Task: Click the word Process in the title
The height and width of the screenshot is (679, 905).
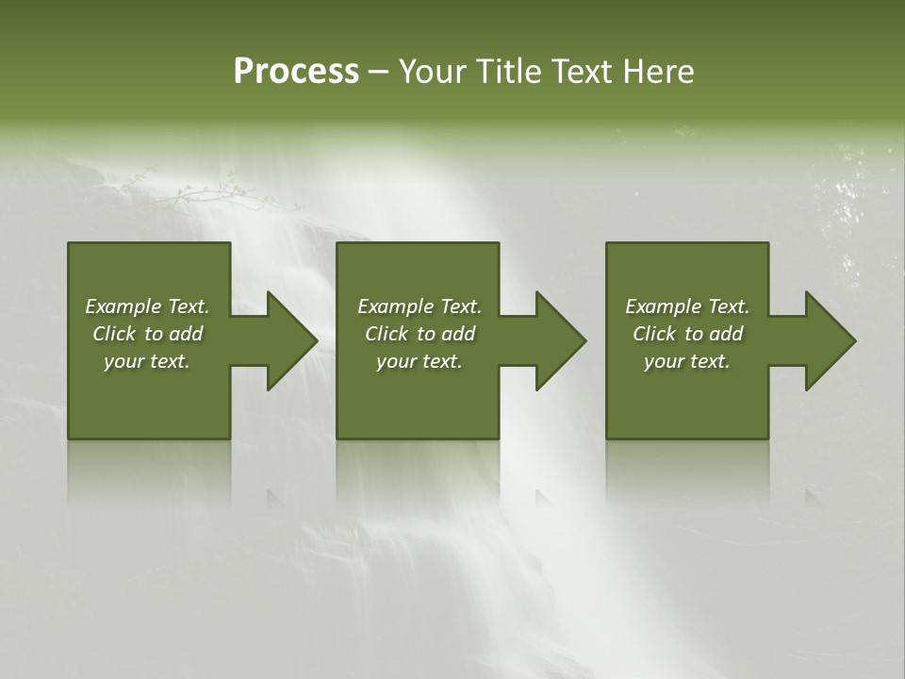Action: click(296, 72)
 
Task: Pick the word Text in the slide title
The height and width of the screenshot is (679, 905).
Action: click(580, 72)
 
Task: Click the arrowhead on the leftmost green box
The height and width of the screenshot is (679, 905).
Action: click(288, 340)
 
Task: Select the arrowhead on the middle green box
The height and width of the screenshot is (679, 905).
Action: click(556, 340)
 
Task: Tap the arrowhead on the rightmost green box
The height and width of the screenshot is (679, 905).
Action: click(826, 340)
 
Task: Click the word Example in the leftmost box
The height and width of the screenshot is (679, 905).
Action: click(123, 306)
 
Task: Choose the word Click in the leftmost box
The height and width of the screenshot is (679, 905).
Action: click(114, 334)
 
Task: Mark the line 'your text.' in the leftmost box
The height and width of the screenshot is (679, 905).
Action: click(147, 361)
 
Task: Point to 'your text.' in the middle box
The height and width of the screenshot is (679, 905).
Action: click(419, 361)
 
